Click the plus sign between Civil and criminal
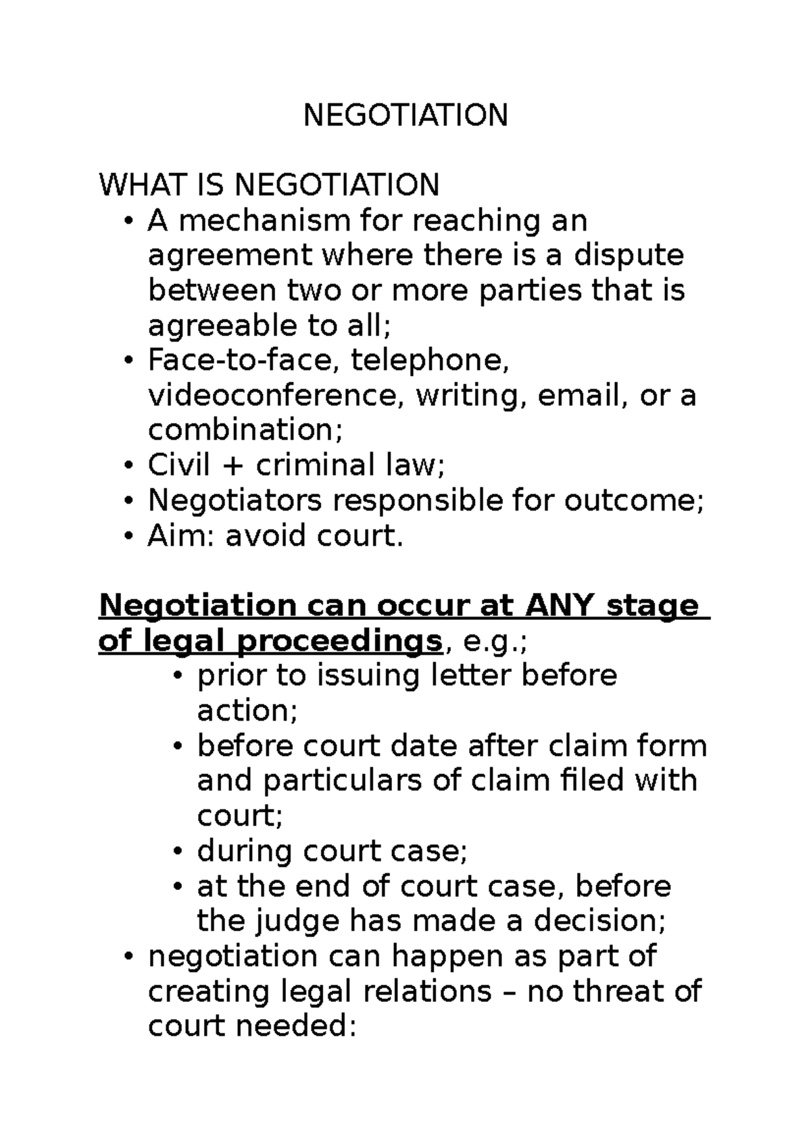(237, 466)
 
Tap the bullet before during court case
(178, 851)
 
